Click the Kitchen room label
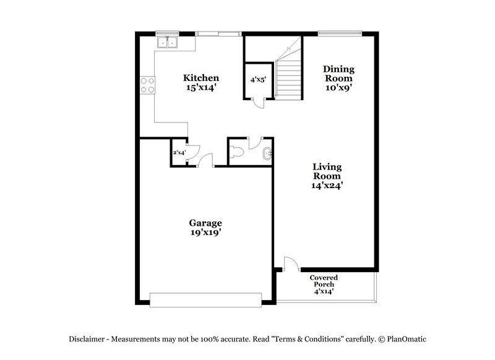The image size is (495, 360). click(x=200, y=78)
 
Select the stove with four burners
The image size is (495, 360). click(x=147, y=85)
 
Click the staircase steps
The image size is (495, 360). click(x=288, y=77)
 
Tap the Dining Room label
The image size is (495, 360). click(x=338, y=74)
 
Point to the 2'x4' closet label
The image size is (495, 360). click(x=179, y=153)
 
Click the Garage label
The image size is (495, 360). click(x=205, y=223)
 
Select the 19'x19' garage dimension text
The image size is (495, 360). click(x=205, y=233)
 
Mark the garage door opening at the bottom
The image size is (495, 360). click(x=205, y=301)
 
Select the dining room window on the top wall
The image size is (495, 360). click(x=340, y=32)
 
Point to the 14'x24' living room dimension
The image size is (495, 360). click(x=327, y=184)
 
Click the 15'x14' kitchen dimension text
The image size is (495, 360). click(x=200, y=88)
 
